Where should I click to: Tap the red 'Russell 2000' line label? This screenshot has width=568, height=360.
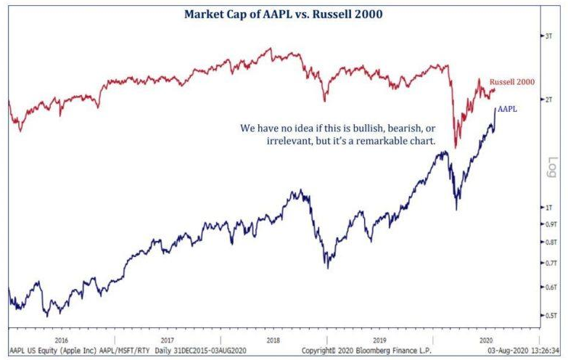pos(511,82)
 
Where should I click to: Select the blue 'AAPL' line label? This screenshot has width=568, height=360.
pos(508,109)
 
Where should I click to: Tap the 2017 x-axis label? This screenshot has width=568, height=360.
pos(167,339)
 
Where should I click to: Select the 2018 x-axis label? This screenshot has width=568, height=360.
pos(274,339)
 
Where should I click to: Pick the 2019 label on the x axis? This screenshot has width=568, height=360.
pos(380,339)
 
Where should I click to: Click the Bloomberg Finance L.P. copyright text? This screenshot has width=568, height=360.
pos(361,351)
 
